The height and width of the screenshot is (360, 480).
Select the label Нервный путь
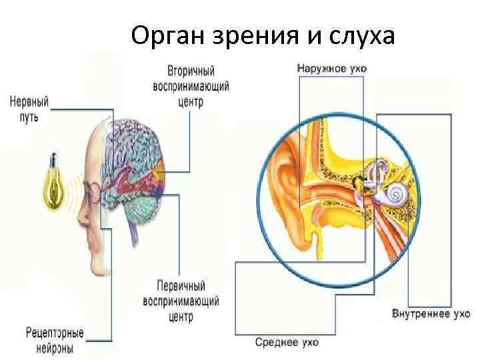coord(29,109)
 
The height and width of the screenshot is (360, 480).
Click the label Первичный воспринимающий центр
coord(181,301)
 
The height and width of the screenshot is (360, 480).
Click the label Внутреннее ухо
coord(431,314)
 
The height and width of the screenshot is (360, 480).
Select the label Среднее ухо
coord(287,343)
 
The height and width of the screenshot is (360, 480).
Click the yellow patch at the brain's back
coord(158,177)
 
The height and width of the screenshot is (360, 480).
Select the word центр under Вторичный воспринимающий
coord(190,103)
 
